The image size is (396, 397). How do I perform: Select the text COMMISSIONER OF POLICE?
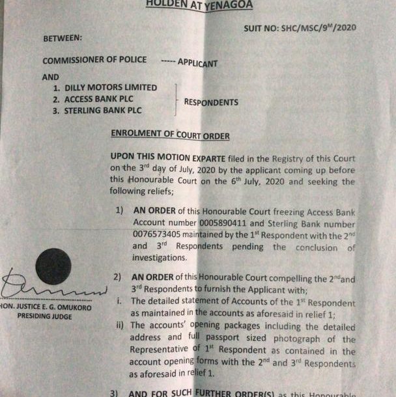(94, 61)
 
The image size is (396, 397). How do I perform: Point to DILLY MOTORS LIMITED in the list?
(110, 87)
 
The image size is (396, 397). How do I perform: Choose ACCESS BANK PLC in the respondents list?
(101, 99)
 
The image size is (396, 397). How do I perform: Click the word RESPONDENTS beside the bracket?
(211, 102)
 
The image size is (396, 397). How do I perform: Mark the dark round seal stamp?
(53, 266)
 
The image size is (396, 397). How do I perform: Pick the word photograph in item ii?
(296, 340)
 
